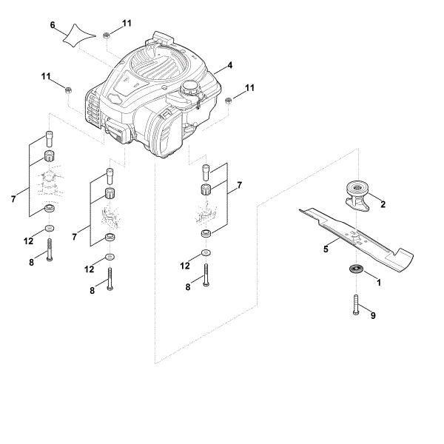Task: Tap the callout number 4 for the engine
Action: tap(230, 66)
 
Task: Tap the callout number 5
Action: tap(326, 250)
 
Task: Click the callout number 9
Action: tap(373, 316)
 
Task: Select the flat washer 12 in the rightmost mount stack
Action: tap(205, 255)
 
